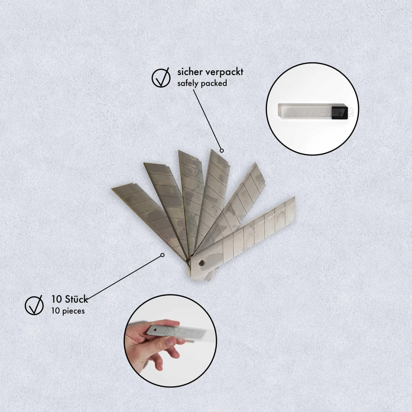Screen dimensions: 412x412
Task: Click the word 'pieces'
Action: pos(73,311)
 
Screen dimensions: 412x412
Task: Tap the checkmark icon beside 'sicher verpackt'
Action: pos(161,78)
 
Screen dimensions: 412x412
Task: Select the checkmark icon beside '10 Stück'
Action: pos(34,305)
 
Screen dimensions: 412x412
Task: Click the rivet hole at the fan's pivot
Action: pos(202,263)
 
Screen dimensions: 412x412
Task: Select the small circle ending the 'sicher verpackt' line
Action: pos(222,151)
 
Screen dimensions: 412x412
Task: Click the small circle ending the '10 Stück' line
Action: pos(162,255)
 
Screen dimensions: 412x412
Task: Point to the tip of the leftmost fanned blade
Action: pos(112,189)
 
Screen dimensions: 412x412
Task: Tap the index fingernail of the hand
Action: pos(170,341)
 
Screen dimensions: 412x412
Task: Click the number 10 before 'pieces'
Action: pos(55,311)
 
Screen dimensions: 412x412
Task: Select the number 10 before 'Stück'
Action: pos(57,299)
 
